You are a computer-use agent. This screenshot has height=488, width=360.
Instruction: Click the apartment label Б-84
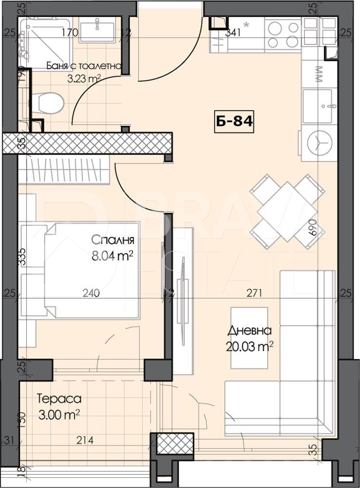point(235,121)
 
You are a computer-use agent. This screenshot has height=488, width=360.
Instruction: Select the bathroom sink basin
point(97,30)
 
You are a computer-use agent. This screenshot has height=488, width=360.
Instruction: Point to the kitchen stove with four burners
point(283,34)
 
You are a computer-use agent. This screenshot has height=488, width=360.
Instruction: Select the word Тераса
point(59,399)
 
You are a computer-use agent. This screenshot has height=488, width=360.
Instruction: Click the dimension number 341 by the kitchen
point(235,33)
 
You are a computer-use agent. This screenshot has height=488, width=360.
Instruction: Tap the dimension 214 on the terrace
point(85,441)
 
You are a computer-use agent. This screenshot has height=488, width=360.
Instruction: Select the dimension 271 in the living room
point(254,293)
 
